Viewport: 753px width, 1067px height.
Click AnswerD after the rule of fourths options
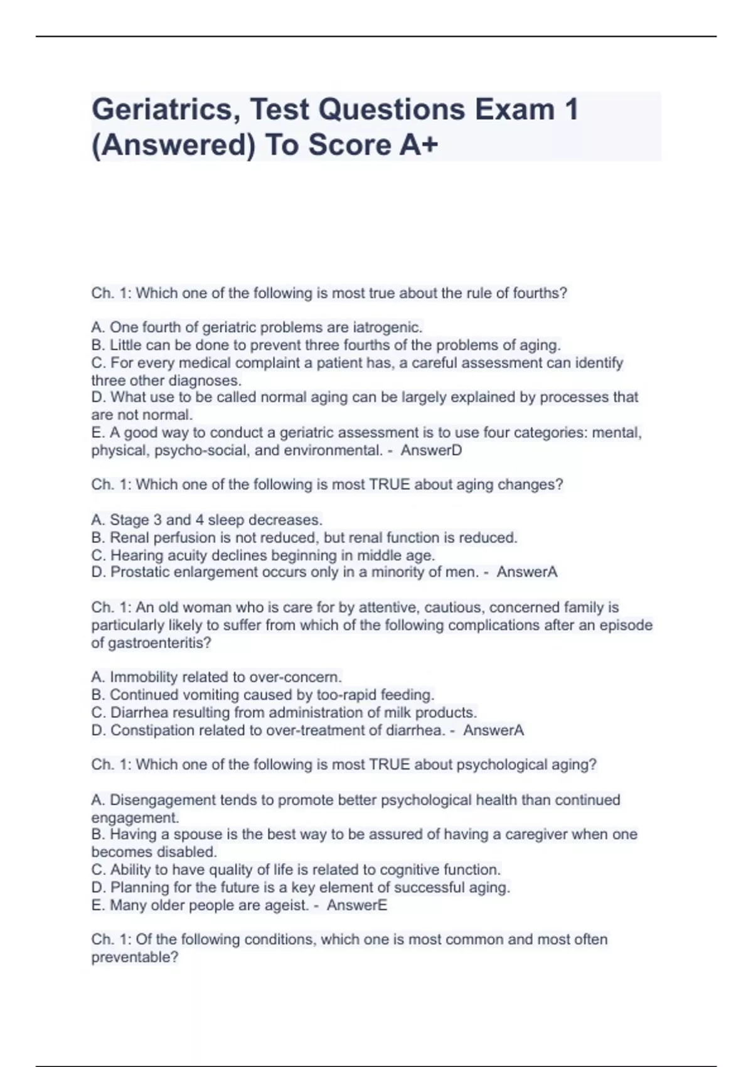click(431, 450)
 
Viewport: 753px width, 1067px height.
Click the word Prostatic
click(138, 572)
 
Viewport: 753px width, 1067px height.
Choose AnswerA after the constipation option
click(493, 730)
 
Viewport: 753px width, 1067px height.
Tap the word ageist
click(288, 905)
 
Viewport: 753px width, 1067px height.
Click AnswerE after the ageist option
click(356, 905)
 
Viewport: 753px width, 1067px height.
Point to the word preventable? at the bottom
click(135, 957)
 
